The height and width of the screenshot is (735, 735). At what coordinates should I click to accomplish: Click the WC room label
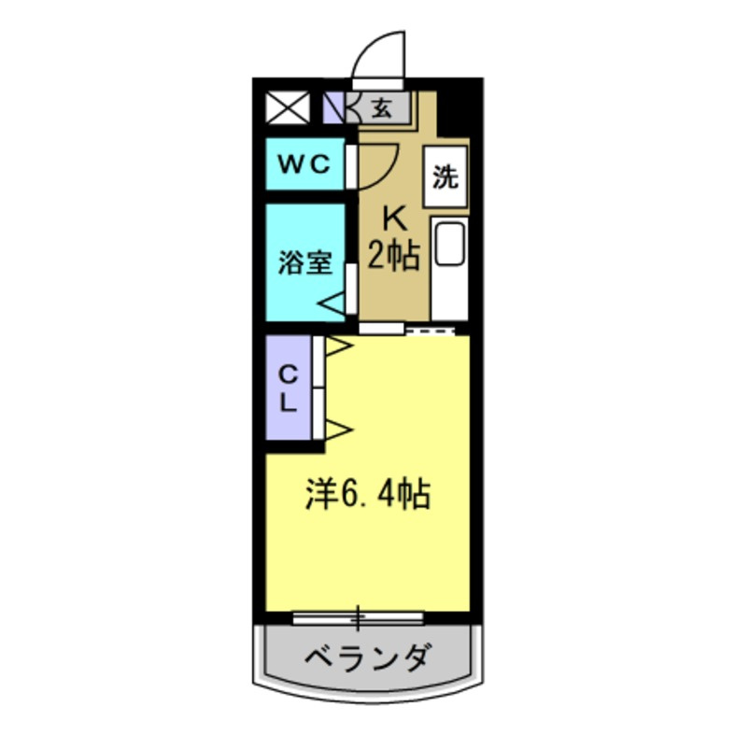[304, 164]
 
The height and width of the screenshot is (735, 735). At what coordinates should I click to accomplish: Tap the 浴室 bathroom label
[305, 262]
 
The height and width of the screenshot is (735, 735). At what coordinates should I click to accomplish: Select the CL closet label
[288, 389]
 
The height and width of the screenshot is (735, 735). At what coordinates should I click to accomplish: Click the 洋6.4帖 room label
[368, 495]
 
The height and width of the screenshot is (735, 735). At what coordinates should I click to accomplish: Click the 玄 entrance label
[382, 108]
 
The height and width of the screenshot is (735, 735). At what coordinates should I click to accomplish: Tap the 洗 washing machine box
[445, 177]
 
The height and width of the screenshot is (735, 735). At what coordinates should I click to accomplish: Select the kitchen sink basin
[450, 244]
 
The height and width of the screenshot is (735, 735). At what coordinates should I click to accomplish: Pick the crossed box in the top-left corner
[288, 107]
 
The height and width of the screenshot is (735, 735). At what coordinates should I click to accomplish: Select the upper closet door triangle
[338, 346]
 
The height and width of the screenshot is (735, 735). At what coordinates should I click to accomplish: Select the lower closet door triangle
[338, 429]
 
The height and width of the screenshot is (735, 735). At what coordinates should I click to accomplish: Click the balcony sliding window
[358, 618]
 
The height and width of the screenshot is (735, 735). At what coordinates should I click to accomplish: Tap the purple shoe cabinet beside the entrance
[333, 107]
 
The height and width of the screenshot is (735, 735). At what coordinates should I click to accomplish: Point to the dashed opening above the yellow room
[430, 332]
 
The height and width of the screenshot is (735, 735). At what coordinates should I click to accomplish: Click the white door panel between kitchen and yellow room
[381, 328]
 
